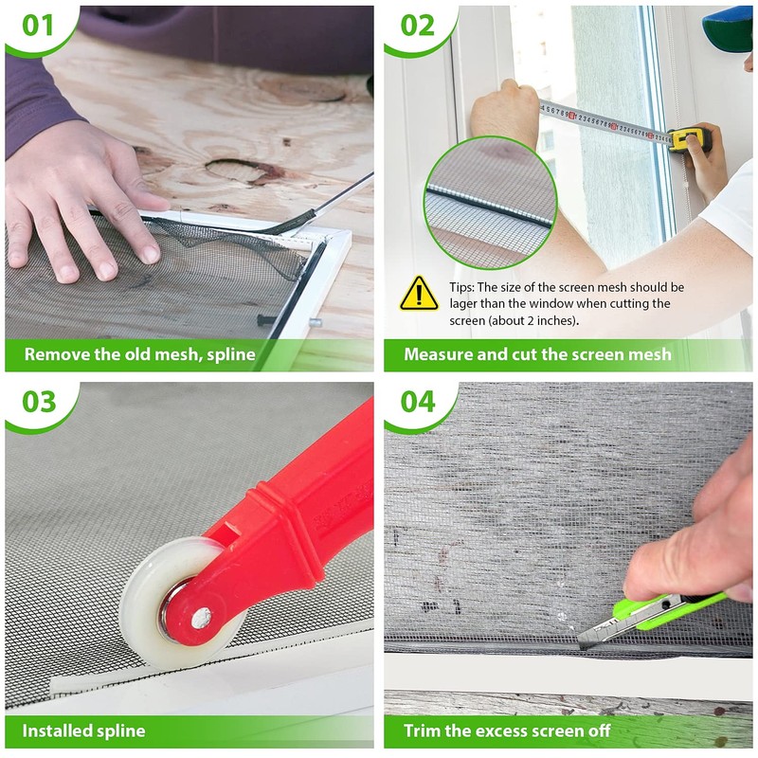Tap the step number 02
click(x=417, y=26)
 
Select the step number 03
click(x=39, y=402)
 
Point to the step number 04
click(x=418, y=402)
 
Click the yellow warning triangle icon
click(x=419, y=294)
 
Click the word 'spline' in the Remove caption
click(x=231, y=354)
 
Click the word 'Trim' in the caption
click(x=422, y=731)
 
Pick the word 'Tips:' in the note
click(x=461, y=288)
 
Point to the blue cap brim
click(x=728, y=26)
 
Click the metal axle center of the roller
click(x=201, y=617)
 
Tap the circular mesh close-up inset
click(x=491, y=203)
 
